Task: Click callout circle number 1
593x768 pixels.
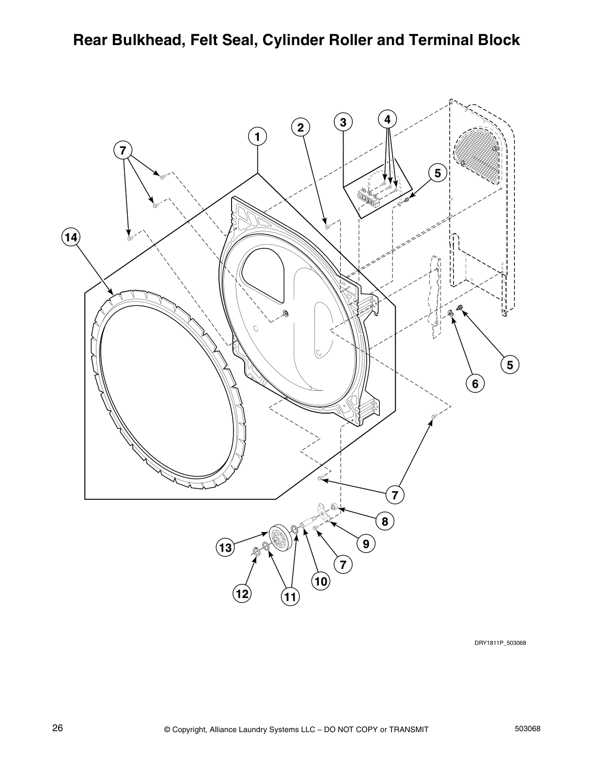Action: click(258, 137)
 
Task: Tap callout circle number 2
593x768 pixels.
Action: click(300, 128)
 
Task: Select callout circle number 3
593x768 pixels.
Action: click(343, 122)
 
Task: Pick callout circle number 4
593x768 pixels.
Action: click(387, 119)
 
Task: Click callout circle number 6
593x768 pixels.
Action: click(475, 384)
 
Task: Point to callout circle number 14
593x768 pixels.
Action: click(71, 237)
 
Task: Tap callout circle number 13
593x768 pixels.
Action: click(225, 548)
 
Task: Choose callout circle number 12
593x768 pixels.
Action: click(242, 593)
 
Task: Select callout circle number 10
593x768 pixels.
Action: click(320, 581)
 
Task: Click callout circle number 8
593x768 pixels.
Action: click(385, 521)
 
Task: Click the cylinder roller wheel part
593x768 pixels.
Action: click(280, 538)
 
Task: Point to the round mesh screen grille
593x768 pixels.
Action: click(476, 155)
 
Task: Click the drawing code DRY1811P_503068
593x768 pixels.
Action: click(499, 643)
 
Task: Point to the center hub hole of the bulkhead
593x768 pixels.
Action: click(285, 313)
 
